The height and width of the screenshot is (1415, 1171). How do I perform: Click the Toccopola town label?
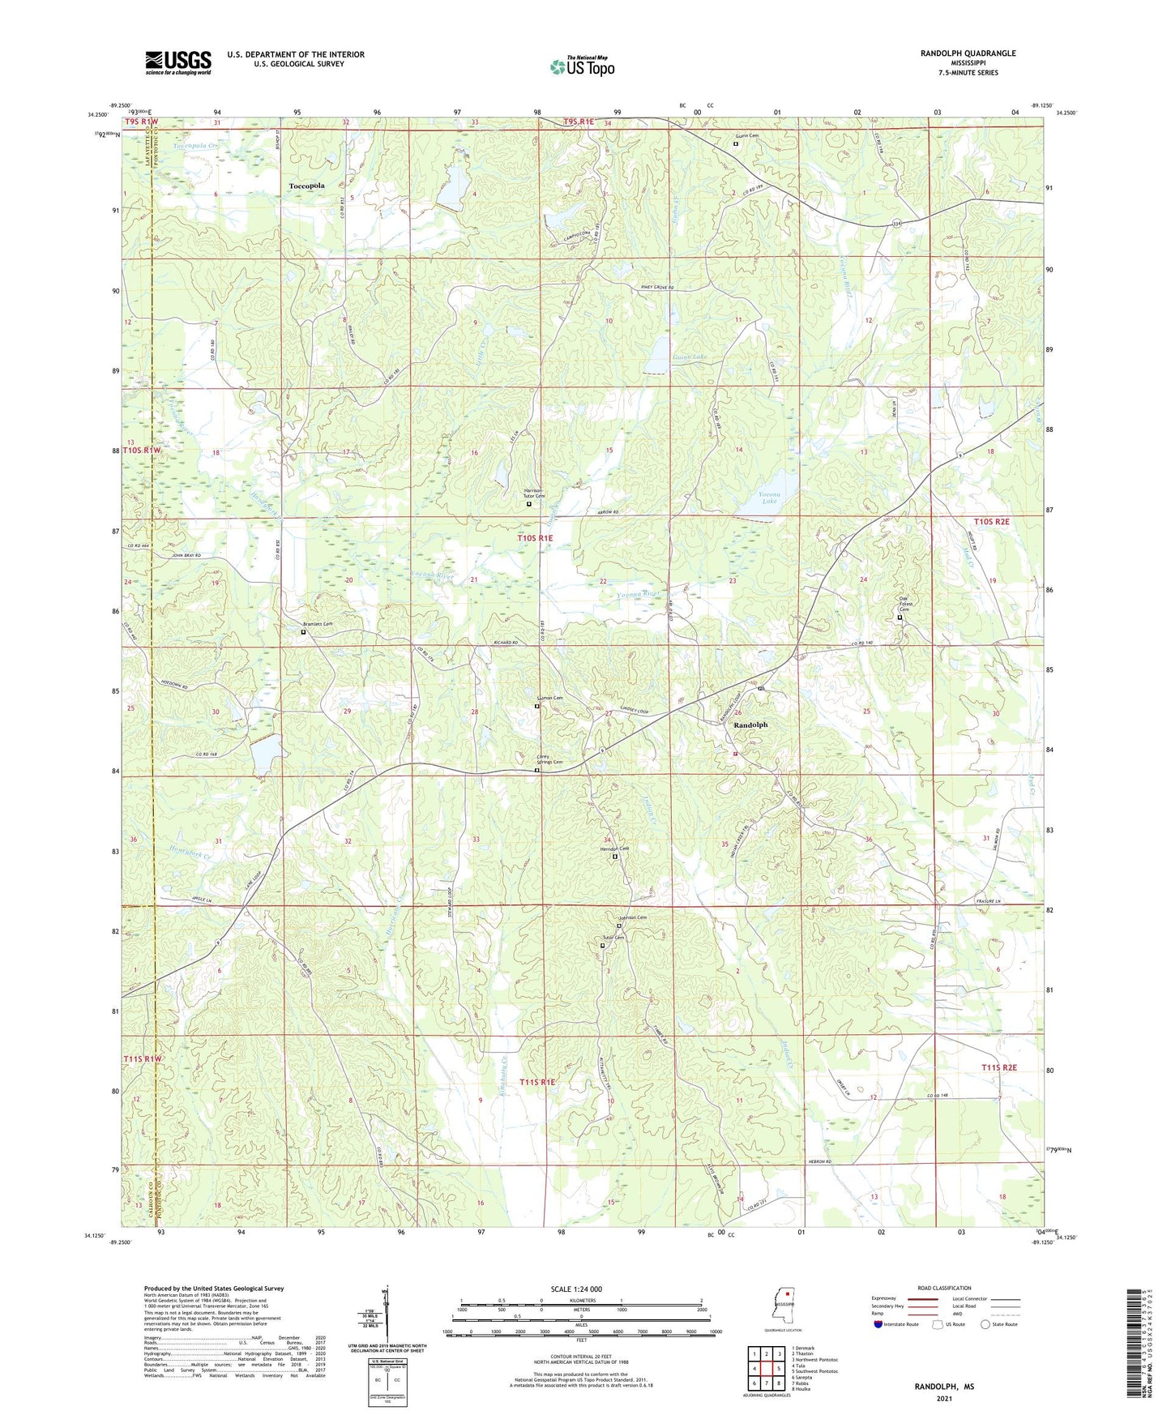[306, 186]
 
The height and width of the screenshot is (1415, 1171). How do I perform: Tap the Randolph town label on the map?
[750, 725]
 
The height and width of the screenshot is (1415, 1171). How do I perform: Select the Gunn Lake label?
[689, 357]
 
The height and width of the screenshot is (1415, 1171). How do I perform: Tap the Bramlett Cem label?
[318, 624]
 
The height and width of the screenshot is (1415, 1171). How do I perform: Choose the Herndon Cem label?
[613, 849]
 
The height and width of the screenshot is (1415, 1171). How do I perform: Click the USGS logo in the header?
[178, 62]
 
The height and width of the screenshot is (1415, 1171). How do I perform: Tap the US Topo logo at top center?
[582, 66]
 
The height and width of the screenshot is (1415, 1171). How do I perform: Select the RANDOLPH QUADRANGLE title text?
[968, 53]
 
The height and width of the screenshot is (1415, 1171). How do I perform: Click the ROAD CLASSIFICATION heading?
[944, 1288]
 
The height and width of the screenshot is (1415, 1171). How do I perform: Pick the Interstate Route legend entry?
[895, 1324]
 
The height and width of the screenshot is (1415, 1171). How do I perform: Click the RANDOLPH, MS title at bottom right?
[944, 1387]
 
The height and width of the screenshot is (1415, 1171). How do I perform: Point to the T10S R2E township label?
[992, 522]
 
